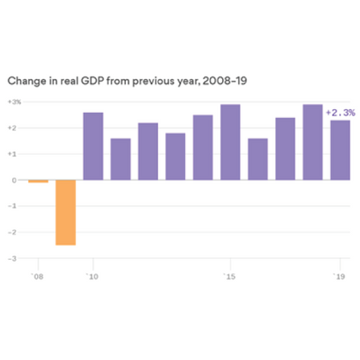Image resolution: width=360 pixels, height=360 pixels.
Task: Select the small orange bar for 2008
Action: (x=38, y=182)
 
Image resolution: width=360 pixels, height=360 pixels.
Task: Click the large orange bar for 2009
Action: (x=65, y=212)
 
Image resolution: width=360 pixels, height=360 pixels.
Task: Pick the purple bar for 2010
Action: (x=93, y=146)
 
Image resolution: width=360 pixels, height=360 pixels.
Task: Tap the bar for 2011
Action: (x=120, y=159)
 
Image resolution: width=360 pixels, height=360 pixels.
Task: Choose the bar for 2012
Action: (x=148, y=151)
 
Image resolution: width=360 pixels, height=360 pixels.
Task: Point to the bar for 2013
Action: (x=175, y=157)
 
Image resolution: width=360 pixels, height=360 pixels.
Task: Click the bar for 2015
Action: (x=230, y=142)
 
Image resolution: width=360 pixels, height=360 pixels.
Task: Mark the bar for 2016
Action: (x=257, y=159)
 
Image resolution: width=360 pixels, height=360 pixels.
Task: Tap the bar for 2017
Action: (x=285, y=149)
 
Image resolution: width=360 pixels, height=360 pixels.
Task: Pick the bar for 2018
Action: (x=312, y=142)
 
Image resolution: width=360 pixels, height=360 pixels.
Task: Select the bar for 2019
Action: (x=340, y=150)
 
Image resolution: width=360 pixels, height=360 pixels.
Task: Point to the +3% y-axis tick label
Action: (x=15, y=103)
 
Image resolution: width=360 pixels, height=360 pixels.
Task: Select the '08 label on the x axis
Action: (x=36, y=276)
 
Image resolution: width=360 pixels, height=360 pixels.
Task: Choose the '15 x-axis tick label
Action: (x=230, y=276)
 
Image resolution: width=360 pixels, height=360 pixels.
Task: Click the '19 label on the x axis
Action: (x=340, y=276)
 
